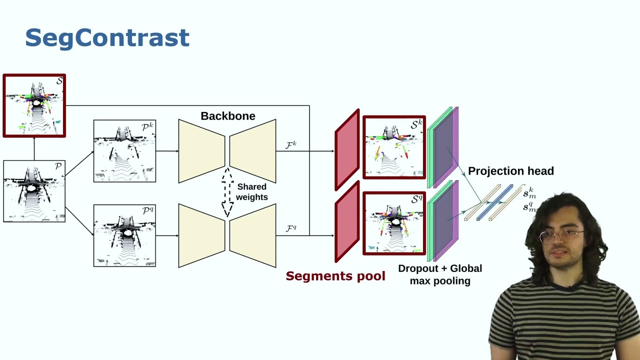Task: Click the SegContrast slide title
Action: (107, 38)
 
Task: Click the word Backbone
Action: (227, 116)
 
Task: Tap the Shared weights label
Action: (251, 192)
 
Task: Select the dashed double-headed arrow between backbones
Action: (227, 192)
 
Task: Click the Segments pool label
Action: (335, 276)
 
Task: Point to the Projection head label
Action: (510, 171)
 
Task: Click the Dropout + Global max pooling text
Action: (440, 274)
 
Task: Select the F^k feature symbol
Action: (291, 145)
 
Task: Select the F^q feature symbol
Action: (291, 228)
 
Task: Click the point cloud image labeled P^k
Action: (124, 151)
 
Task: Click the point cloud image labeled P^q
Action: (124, 235)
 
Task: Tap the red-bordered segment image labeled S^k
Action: (394, 147)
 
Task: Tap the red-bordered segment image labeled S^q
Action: (394, 223)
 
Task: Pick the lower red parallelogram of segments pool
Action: (347, 222)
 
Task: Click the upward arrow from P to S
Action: (34, 148)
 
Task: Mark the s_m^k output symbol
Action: (529, 193)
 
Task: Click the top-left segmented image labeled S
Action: (34, 105)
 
